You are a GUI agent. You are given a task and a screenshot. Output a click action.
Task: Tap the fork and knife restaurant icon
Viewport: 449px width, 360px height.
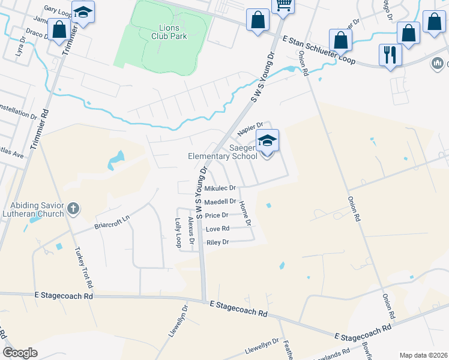[x=390, y=55]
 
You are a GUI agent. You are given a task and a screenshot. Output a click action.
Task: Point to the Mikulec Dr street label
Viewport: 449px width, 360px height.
[x=220, y=188]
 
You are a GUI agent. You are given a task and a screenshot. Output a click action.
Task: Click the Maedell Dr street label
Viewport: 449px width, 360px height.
[x=220, y=202]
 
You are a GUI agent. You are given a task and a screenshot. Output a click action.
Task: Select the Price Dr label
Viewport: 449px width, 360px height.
[x=216, y=215]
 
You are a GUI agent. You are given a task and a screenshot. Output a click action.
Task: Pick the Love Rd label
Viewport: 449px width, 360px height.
[x=217, y=229]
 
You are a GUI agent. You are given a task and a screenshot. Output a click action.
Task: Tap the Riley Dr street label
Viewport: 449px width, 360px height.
[x=217, y=242]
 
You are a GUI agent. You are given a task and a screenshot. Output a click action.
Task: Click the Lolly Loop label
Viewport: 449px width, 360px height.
[x=178, y=233]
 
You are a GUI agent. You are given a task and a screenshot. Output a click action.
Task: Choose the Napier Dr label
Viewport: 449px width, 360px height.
[x=250, y=128]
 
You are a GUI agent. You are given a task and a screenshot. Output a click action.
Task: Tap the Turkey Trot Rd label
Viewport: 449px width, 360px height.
[x=85, y=266]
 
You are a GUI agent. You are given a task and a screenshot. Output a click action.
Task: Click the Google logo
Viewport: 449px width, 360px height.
[x=20, y=353]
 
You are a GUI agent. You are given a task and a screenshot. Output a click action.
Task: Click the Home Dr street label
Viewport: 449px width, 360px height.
[x=245, y=213]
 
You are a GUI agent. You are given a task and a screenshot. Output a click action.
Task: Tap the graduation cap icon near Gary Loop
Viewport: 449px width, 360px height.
[x=83, y=12]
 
